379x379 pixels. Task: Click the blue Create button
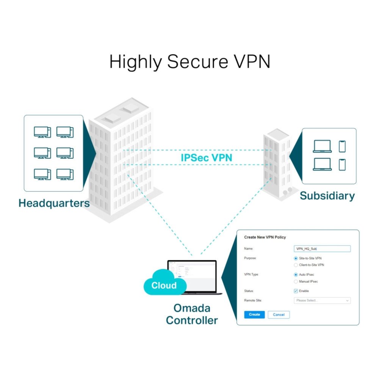[254, 315]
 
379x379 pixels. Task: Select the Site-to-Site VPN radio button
[296, 258]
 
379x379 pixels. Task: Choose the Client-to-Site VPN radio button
[296, 265]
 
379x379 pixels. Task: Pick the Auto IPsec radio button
[296, 274]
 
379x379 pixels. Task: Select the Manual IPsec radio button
[296, 282]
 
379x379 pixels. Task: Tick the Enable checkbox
[296, 291]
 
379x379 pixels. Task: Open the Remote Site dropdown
[322, 301]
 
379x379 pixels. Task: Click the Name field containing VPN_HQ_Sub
[322, 249]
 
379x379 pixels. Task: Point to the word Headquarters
[54, 203]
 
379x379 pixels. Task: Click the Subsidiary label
[327, 196]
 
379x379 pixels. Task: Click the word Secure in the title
[194, 61]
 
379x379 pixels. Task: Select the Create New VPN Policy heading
[265, 237]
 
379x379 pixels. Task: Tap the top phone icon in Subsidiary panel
[342, 146]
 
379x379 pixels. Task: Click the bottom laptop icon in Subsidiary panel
[322, 164]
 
